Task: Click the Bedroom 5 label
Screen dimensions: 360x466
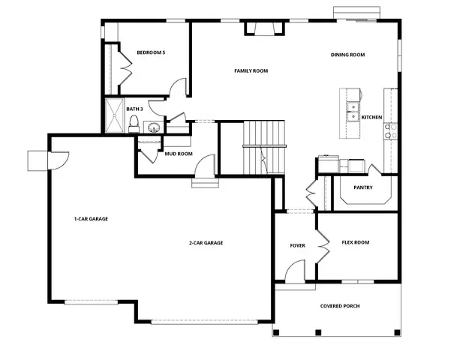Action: pos(151,52)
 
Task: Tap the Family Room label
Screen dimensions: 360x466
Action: pos(251,71)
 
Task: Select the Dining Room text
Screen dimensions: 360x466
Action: pos(347,55)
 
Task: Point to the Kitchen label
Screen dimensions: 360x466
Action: pos(372,118)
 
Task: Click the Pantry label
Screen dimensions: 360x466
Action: pos(364,188)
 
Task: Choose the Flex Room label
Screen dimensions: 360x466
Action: pos(356,242)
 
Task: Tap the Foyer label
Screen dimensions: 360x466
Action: pos(298,246)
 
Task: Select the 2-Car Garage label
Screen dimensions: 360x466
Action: pos(206,242)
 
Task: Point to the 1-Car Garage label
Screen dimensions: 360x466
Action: pos(91,219)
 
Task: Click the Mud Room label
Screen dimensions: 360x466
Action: pos(179,154)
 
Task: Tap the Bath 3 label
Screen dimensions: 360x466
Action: pos(135,109)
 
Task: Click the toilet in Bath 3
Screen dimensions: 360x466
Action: pos(134,125)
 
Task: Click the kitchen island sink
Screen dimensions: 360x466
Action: pos(351,111)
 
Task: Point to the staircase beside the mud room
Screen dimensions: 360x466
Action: pos(264,147)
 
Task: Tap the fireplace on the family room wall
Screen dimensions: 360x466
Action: pos(264,29)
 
